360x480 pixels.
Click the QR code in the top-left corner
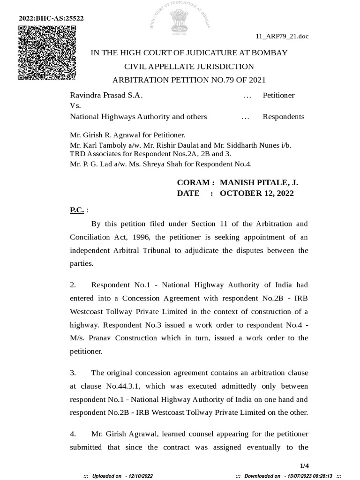[x=47, y=52]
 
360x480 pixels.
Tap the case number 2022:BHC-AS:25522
[x=51, y=18]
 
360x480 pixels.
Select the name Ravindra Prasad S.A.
[x=106, y=95]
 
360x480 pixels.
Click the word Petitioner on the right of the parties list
[x=278, y=95]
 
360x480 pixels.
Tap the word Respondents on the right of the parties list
[x=283, y=117]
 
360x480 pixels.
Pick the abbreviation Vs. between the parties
[x=75, y=106]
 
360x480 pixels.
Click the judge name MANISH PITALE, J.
[x=259, y=182]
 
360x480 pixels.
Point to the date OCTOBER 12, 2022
[x=256, y=193]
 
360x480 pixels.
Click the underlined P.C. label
[x=77, y=210]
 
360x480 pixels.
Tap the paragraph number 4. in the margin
[x=73, y=434]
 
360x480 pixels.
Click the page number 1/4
[x=305, y=465]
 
